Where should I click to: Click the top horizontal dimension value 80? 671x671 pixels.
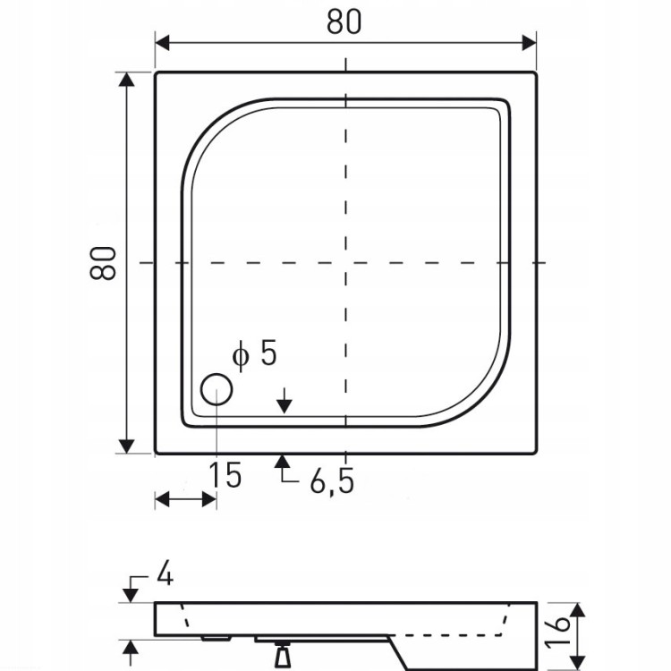[344, 21]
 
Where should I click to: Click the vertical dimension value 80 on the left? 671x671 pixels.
[103, 263]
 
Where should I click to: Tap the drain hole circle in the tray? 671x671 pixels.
[217, 389]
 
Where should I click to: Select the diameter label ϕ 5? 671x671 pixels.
[255, 353]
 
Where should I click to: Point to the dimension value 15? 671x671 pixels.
[225, 475]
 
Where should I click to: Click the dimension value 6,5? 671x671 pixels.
[333, 481]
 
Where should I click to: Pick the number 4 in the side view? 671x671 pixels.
[165, 573]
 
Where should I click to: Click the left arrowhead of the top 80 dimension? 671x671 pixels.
[163, 43]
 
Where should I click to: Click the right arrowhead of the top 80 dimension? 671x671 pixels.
[529, 43]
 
